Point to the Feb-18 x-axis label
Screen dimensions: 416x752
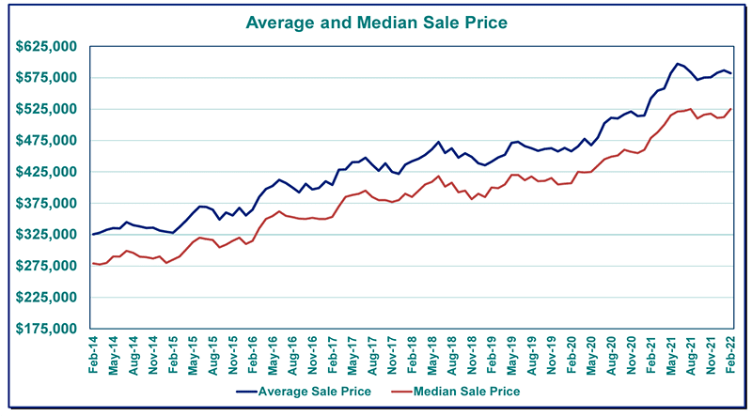coord(412,355)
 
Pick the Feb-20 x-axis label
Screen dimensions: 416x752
coord(571,355)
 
